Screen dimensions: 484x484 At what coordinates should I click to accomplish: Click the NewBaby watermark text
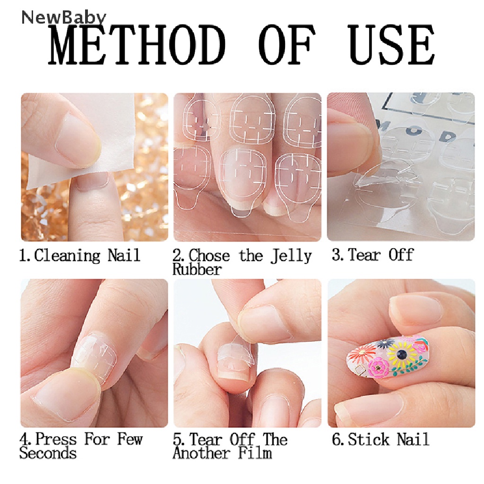(64, 17)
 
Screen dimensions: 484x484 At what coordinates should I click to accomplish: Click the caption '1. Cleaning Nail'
(80, 256)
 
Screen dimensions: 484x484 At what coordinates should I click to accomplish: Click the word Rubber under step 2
(197, 269)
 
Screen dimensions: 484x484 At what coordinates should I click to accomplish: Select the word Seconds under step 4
(48, 453)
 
